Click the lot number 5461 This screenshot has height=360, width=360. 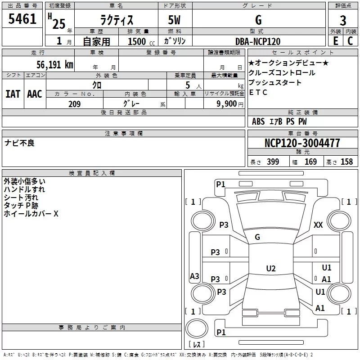coord(22,19)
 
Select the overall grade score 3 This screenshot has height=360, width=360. coord(343,20)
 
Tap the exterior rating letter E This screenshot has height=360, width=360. coord(335,41)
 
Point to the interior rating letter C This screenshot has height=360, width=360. coord(350,41)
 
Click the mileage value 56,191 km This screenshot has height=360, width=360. coord(55,64)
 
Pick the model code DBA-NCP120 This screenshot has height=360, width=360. coord(258,41)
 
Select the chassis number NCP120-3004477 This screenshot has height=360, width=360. coord(302,143)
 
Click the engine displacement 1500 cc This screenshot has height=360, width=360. coord(141,41)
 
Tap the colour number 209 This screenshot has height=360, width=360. coord(74,104)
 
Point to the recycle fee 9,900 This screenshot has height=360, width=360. coord(227,104)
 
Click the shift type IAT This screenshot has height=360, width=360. coord(13,94)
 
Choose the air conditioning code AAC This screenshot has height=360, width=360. coord(35,94)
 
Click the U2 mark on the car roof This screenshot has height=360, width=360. coord(271,268)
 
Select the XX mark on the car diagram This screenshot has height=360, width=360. coord(318,225)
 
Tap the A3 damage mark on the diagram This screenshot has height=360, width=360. coord(194,276)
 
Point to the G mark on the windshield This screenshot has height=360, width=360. coord(257,237)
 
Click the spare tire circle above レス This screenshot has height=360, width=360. coord(197,328)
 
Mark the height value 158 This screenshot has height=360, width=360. coord(346,162)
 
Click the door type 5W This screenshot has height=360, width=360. coord(174,20)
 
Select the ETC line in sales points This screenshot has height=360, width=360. coord(258,92)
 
